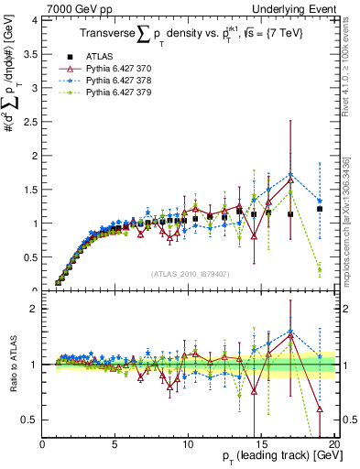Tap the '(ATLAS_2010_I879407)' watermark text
190,273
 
